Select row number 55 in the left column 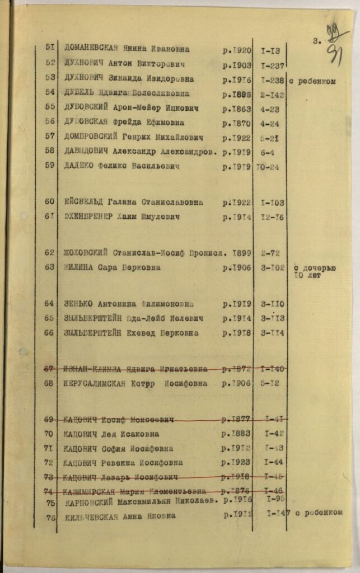50,107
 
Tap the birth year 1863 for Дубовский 237,109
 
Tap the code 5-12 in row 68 273,384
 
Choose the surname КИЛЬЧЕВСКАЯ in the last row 92,516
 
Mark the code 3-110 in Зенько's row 273,304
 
